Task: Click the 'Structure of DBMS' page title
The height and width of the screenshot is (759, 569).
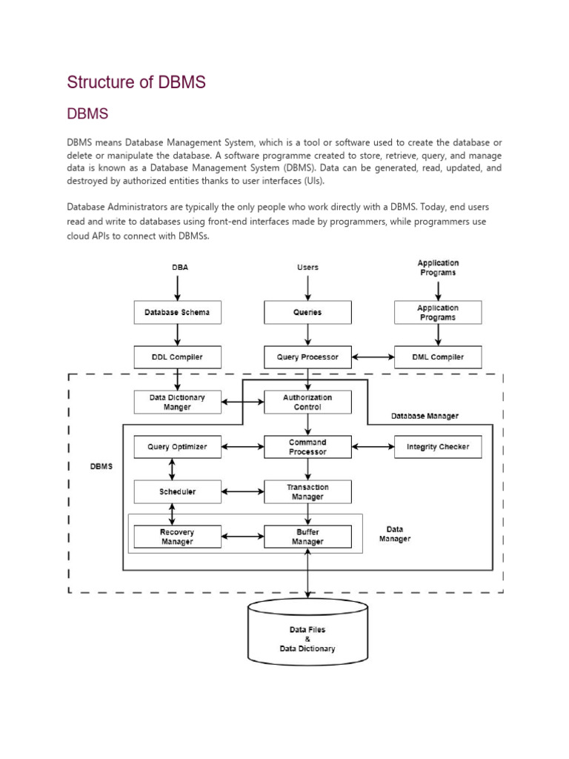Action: [136, 82]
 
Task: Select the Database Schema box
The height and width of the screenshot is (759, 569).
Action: [177, 312]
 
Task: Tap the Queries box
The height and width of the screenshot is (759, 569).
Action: [307, 312]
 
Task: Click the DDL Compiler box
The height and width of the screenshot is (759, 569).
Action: [177, 357]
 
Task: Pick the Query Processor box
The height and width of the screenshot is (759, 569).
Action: [307, 357]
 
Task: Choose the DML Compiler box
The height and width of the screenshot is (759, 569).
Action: [438, 357]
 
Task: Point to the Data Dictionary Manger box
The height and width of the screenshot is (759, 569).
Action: [177, 402]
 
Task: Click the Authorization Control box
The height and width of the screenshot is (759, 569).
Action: [307, 402]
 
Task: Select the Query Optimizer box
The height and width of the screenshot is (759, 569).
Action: [177, 447]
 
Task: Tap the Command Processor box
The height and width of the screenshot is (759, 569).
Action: [307, 447]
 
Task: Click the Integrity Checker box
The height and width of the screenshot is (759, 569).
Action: [438, 447]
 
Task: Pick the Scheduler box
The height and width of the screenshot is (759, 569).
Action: [177, 491]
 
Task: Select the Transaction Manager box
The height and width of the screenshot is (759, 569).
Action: [307, 491]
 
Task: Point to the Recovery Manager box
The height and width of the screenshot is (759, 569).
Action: [177, 537]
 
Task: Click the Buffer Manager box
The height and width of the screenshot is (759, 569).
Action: [307, 537]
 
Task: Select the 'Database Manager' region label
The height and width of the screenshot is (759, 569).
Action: [425, 416]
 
